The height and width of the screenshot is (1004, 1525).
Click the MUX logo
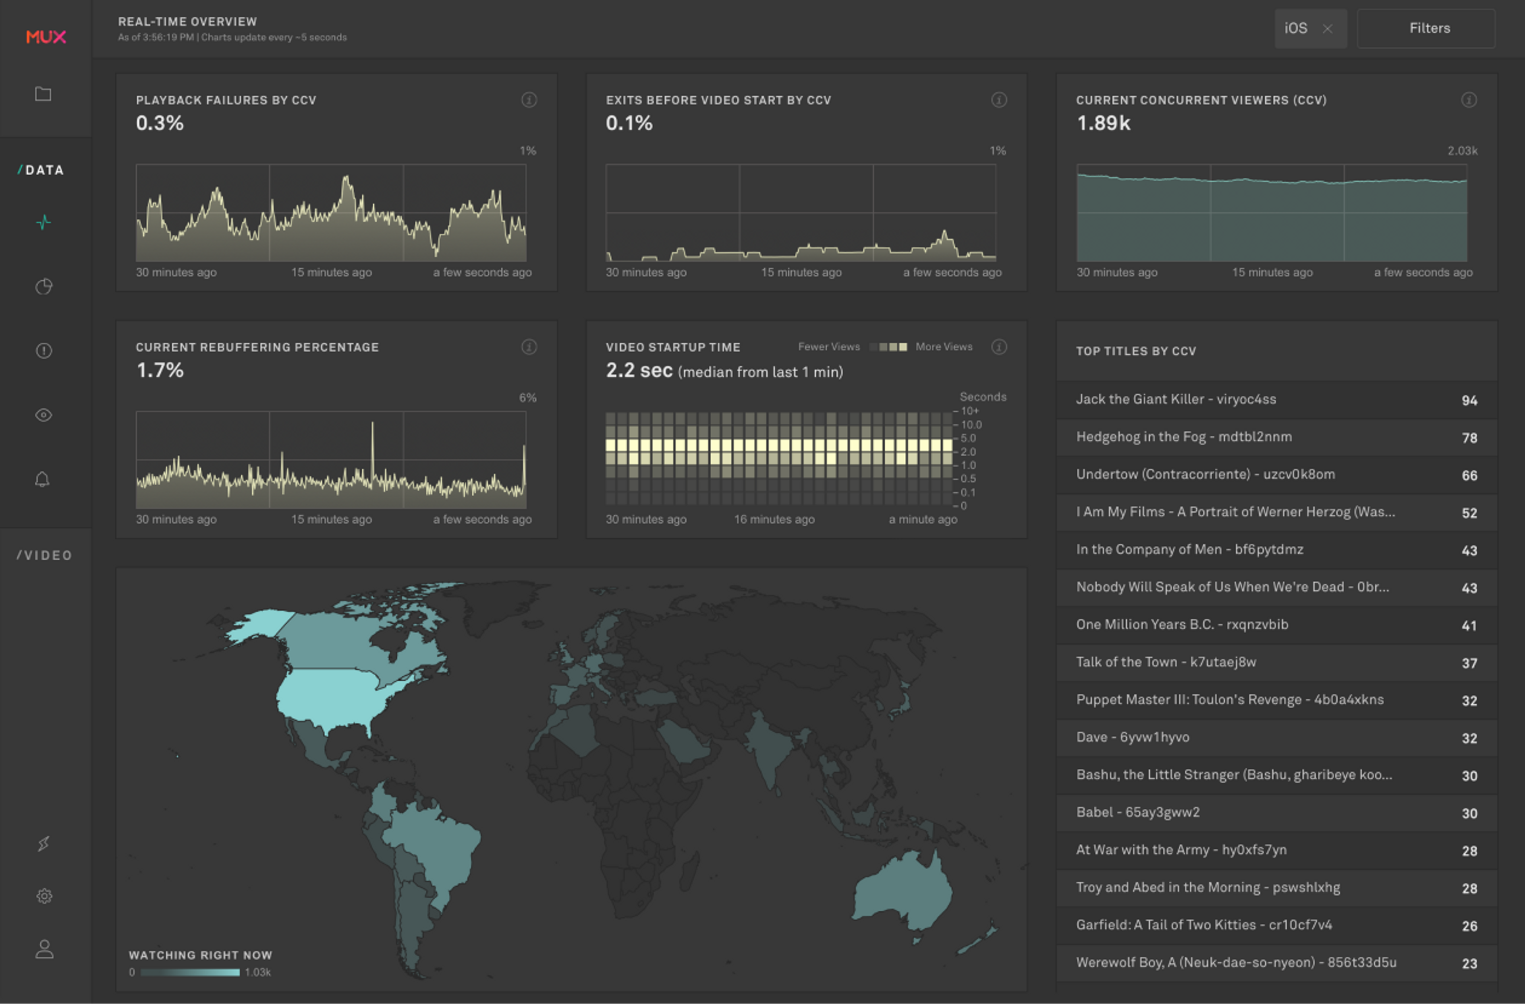point(46,37)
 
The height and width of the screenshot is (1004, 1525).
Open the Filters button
point(1429,28)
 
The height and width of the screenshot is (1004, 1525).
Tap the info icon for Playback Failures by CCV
point(529,100)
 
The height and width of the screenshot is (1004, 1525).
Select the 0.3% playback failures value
point(160,123)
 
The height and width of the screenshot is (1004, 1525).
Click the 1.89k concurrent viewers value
point(1103,123)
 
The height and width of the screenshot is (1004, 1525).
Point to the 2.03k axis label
point(1462,151)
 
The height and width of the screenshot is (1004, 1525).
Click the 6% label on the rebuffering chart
point(527,397)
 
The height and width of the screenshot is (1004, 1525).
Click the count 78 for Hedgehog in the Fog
point(1469,438)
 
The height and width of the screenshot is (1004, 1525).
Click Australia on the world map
point(903,891)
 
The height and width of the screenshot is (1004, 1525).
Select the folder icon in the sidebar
point(43,94)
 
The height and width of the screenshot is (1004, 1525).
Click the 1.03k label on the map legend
point(258,972)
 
